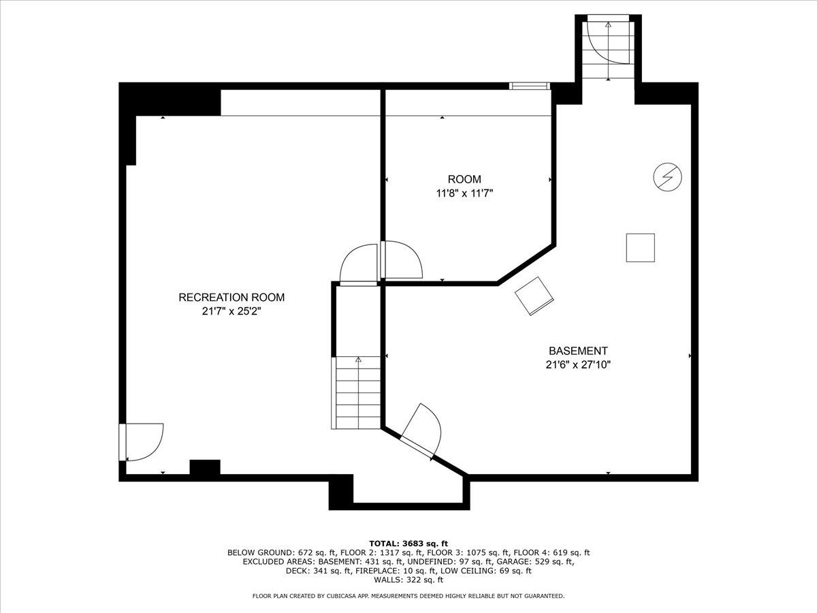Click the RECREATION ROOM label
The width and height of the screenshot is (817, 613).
(231, 298)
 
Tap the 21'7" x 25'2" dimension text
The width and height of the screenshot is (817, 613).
(231, 312)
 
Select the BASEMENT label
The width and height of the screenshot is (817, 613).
(578, 351)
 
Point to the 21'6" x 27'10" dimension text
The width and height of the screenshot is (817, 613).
(578, 364)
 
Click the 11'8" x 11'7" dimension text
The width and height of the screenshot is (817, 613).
(464, 193)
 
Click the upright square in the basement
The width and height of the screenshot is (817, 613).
(640, 247)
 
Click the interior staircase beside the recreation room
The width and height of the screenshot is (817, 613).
(357, 392)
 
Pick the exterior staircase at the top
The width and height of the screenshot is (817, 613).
(608, 49)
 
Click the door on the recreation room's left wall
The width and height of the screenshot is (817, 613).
(141, 442)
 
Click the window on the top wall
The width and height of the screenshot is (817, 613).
(530, 86)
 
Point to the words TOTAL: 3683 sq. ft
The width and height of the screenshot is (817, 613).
(408, 543)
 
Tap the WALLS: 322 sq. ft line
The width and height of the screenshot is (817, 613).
(408, 580)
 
